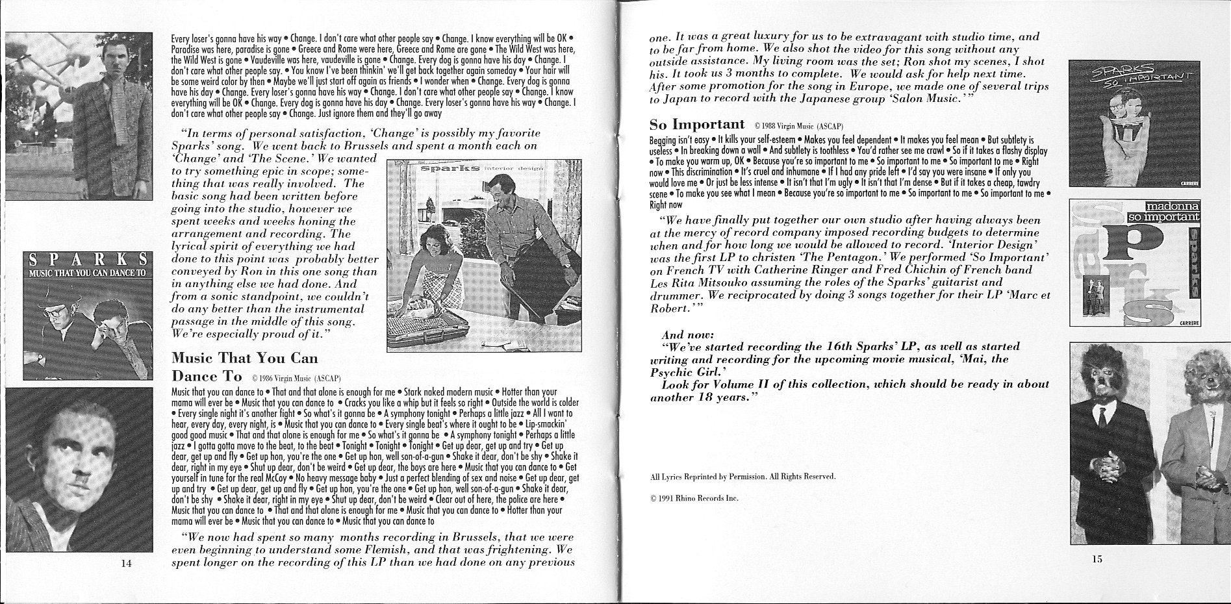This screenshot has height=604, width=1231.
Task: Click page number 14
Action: [126, 563]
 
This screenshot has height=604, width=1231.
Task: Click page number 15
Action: [1097, 559]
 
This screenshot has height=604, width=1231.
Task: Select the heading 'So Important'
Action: [696, 124]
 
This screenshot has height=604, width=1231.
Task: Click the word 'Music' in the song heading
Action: [193, 358]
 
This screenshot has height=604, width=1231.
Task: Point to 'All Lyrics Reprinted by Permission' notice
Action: [742, 477]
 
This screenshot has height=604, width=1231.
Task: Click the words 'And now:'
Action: [687, 335]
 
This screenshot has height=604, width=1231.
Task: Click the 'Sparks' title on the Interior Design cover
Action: [442, 170]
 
